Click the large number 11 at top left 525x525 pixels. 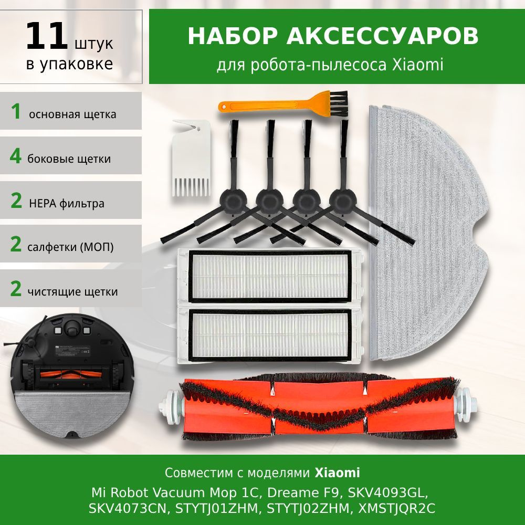click(46, 36)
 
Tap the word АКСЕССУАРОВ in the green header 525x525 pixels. click(382, 36)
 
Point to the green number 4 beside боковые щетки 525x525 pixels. click(16, 156)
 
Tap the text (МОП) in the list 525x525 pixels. click(97, 247)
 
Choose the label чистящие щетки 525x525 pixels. click(72, 291)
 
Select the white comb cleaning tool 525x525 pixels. click(192, 157)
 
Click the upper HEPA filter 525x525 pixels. click(270, 276)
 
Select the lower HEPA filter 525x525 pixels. click(270, 335)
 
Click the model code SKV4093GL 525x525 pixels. click(388, 492)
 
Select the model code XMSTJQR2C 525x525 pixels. click(396, 508)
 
